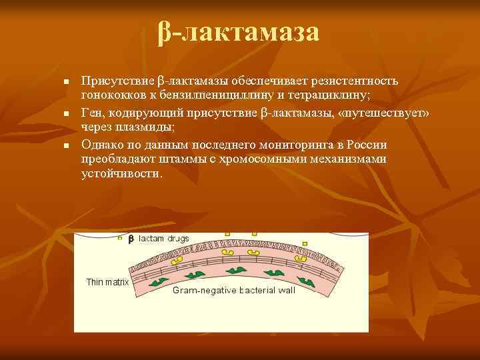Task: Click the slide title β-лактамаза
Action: click(239, 32)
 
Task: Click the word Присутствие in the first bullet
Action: click(117, 81)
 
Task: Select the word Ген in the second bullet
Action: click(92, 113)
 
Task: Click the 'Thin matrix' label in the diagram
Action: click(107, 282)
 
